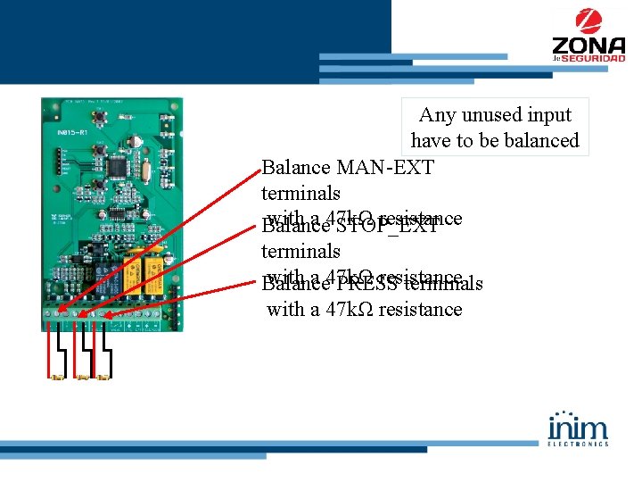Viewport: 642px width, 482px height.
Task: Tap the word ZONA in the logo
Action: pyautogui.click(x=588, y=45)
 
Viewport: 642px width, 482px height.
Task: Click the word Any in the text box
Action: pyautogui.click(x=437, y=115)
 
